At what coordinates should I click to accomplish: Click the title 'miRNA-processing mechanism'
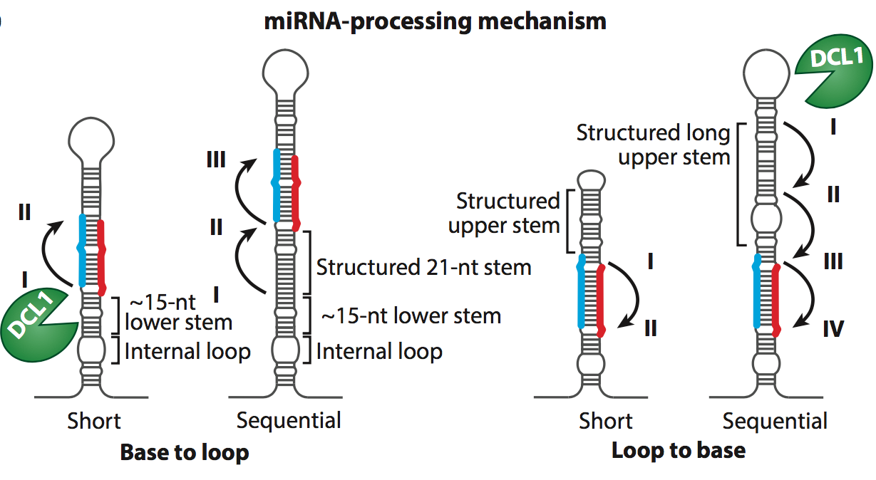tap(436, 21)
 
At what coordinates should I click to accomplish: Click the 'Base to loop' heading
tap(185, 452)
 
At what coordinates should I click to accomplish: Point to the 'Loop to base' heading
tap(679, 450)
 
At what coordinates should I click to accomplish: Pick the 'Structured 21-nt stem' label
tap(424, 268)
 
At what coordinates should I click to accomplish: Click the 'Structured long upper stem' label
tap(654, 145)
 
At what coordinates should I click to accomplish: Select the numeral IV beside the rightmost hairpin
tap(831, 329)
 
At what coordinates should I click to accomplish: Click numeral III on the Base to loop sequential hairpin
tap(215, 160)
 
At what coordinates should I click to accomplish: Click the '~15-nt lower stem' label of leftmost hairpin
tap(178, 313)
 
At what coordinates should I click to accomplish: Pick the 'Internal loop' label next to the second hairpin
tap(379, 351)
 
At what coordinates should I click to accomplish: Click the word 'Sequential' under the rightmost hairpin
tap(775, 420)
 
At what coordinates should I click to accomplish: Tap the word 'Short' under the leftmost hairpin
tap(94, 420)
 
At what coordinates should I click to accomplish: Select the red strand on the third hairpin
tap(600, 299)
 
